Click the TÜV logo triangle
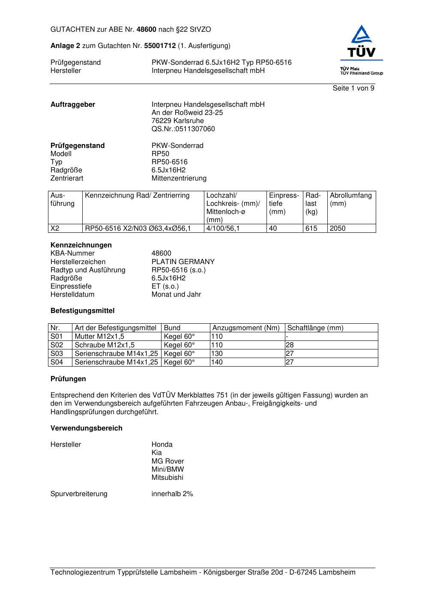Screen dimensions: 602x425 point(362,35)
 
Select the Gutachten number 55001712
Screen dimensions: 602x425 point(160,45)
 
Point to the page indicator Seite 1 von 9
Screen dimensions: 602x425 point(353,88)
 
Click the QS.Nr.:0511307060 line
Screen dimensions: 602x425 point(183,129)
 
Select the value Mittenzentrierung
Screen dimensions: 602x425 point(179,178)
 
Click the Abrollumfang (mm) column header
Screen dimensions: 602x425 point(350,199)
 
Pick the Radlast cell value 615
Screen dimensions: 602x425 point(311,229)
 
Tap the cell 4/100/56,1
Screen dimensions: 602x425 point(223,229)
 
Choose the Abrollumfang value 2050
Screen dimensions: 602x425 point(338,229)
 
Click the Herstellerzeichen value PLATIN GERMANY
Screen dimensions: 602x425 point(183,262)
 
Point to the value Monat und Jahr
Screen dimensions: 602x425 point(176,295)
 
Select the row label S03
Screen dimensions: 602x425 point(57,354)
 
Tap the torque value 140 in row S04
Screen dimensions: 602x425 point(217,362)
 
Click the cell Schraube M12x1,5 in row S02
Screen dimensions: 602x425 point(105,345)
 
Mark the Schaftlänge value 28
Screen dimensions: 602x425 point(290,345)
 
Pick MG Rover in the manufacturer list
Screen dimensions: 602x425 point(168,461)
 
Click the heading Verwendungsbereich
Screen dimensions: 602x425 point(86,428)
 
